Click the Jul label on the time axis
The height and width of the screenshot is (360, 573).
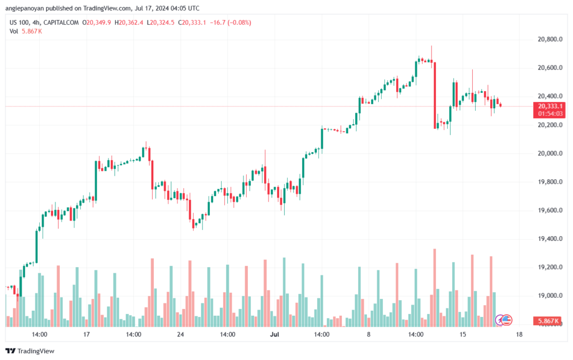click(x=275, y=334)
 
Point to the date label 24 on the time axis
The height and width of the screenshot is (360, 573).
click(x=181, y=334)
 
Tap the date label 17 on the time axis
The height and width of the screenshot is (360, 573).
click(x=87, y=334)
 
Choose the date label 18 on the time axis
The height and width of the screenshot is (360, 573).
click(x=519, y=334)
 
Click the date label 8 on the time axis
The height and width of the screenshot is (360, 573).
click(x=369, y=334)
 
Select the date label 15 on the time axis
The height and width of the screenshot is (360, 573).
click(x=463, y=334)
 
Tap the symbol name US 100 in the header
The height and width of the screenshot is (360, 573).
click(x=20, y=22)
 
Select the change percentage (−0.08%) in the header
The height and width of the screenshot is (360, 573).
click(x=239, y=22)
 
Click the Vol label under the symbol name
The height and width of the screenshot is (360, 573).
click(x=14, y=31)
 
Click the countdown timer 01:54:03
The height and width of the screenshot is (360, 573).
click(x=551, y=113)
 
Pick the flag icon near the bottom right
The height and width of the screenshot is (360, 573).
click(x=506, y=320)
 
